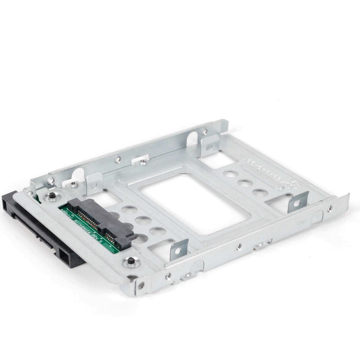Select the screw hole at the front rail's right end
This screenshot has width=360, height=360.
tap(330, 208)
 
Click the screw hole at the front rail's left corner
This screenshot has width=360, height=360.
tap(141, 285)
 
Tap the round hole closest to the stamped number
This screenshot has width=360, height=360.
tap(260, 193)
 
